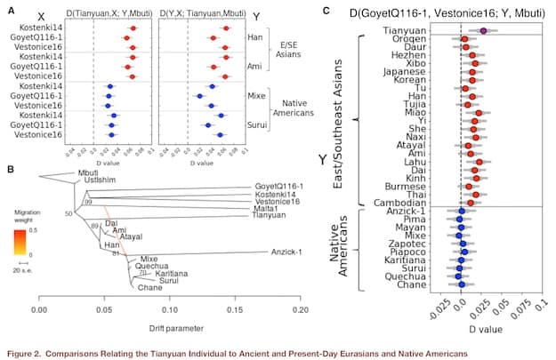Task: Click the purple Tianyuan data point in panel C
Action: [x=483, y=30]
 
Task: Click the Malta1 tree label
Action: [x=241, y=206]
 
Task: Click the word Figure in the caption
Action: [x=20, y=348]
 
